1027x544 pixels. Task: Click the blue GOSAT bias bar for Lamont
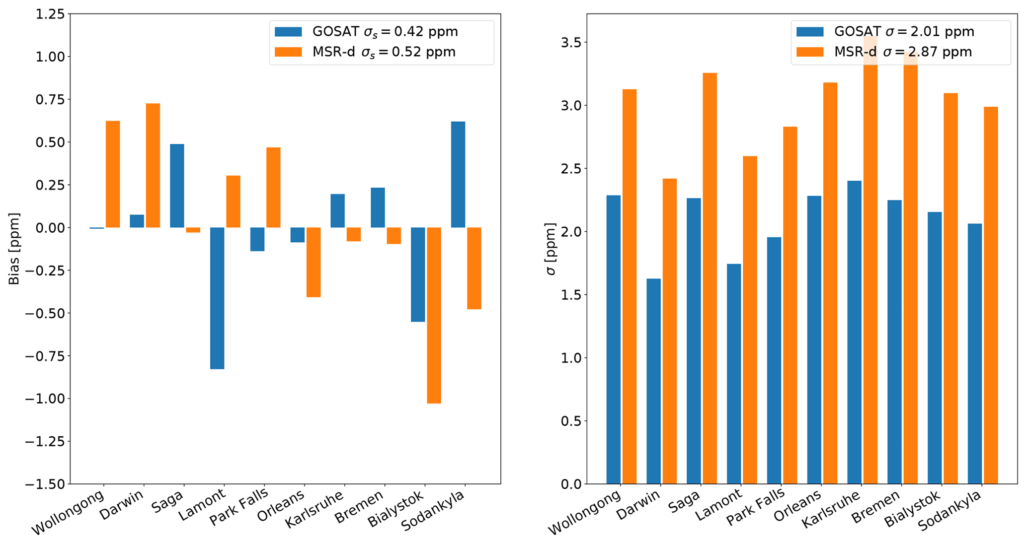(x=217, y=298)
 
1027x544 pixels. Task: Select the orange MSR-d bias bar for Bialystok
(x=434, y=315)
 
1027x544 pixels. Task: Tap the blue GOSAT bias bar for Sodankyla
(x=458, y=174)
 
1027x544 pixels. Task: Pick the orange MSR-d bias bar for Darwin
(x=153, y=165)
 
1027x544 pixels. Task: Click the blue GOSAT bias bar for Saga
(x=177, y=186)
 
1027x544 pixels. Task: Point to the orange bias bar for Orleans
(x=313, y=262)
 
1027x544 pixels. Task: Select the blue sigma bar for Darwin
(x=653, y=381)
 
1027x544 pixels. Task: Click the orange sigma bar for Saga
(x=710, y=278)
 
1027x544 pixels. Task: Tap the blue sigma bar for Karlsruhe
(x=854, y=332)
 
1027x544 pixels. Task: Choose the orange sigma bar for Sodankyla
(x=990, y=295)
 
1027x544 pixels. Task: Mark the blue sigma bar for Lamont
(x=733, y=373)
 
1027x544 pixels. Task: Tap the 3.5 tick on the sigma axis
(x=571, y=43)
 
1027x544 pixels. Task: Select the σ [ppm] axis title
(x=551, y=249)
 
